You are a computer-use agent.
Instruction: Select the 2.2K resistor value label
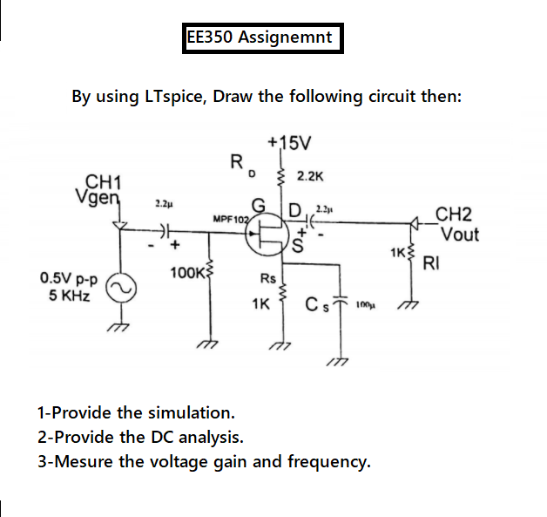pos(311,176)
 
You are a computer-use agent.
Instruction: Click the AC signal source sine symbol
pos(121,286)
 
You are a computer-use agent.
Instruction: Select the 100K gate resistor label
pos(186,274)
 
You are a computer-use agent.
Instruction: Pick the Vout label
pos(459,235)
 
